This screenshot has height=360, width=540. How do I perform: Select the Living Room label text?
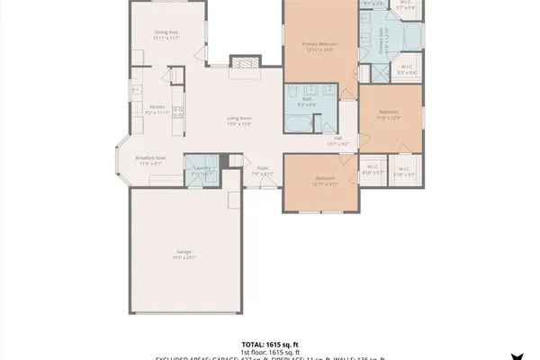tap(238, 121)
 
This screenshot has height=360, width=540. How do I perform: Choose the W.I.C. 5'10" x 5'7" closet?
tap(404, 172)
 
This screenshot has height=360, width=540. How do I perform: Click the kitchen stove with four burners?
tap(178, 112)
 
